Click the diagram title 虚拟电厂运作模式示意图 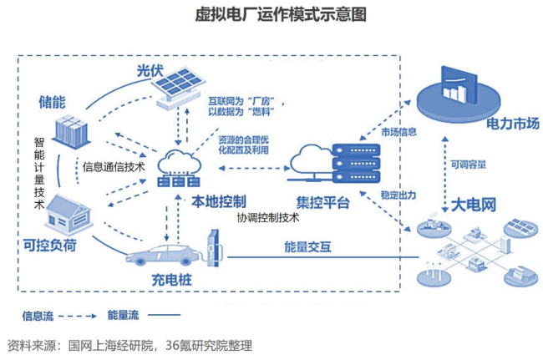pyautogui.click(x=271, y=15)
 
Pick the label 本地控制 pyautogui.click(x=219, y=201)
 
